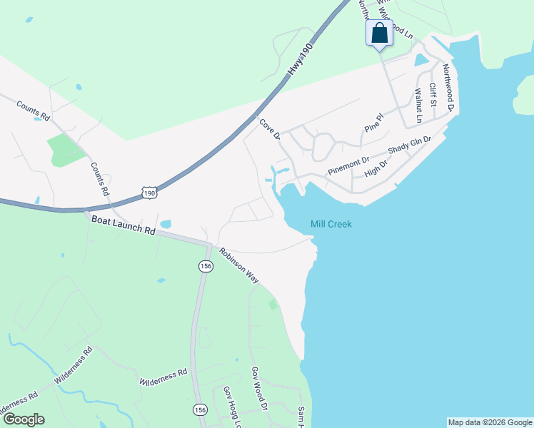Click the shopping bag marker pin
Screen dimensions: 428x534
379,34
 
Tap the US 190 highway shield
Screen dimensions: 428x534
148,193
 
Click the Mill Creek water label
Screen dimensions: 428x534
331,224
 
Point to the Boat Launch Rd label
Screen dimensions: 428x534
124,227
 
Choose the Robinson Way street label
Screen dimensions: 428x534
239,266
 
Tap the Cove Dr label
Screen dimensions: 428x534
269,129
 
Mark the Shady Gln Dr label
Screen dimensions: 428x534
410,146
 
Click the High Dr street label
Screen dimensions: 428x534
376,168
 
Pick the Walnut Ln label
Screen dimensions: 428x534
419,105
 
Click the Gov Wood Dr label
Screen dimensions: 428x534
258,389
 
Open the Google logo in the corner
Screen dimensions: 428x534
24,419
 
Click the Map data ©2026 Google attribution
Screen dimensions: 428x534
490,422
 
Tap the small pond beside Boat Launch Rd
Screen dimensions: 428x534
166,224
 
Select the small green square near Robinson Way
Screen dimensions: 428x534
273,305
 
